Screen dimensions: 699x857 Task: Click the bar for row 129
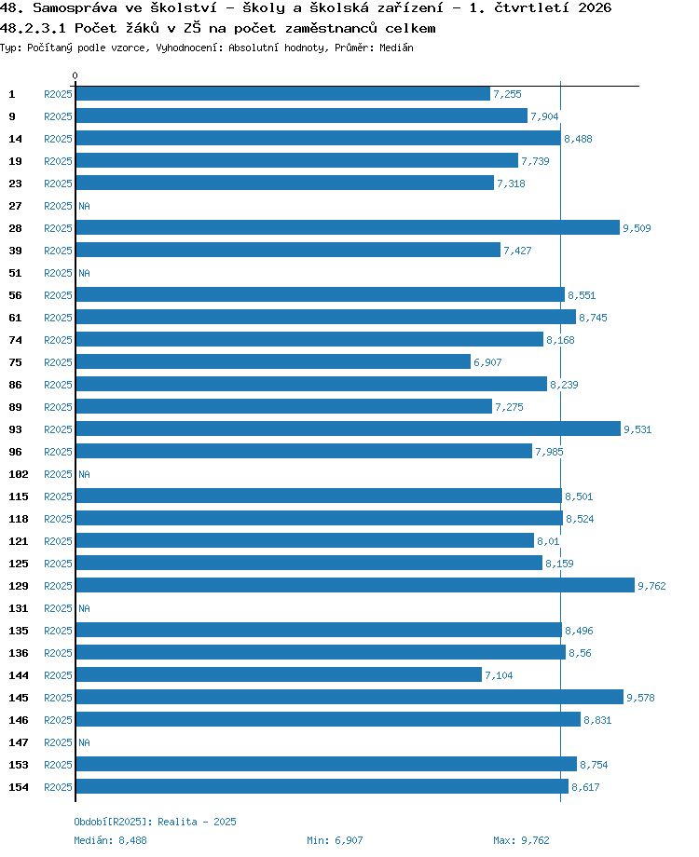coord(355,585)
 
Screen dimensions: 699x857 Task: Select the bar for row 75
coord(273,361)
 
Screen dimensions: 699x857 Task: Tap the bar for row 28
coord(348,227)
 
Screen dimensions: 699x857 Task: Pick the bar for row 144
coord(279,675)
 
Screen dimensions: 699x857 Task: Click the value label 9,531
coord(637,429)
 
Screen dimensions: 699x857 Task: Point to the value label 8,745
coord(593,318)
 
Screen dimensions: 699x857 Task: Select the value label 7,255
coord(507,94)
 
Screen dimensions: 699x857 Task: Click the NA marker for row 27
coord(84,206)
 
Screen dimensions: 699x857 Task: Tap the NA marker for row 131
coord(84,608)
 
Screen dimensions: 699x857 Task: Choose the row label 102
coord(19,474)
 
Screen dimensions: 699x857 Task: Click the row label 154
coord(19,787)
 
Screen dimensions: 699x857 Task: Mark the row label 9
coord(12,116)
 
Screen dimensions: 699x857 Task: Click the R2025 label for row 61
coord(58,318)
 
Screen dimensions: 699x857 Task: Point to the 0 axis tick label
coord(75,75)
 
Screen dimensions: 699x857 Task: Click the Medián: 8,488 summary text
coord(111,840)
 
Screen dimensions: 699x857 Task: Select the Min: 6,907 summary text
coord(335,840)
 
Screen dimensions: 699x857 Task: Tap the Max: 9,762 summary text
coord(521,840)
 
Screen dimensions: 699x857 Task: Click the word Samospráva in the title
coord(75,7)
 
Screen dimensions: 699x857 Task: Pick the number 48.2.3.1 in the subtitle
coord(33,28)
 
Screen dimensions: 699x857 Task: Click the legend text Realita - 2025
coord(197,822)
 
